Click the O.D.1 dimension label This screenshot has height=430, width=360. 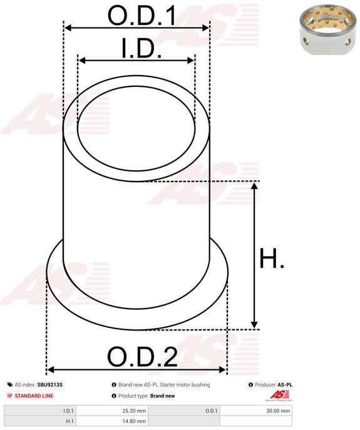click(141, 15)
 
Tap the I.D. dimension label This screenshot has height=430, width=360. click(141, 49)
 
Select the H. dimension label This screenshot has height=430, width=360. click(272, 258)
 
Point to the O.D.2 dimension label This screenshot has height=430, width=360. click(142, 357)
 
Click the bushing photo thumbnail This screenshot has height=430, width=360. click(327, 29)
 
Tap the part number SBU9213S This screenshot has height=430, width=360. click(50, 385)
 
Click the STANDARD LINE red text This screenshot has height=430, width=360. click(34, 396)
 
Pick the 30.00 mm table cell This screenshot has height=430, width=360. click(256, 411)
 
